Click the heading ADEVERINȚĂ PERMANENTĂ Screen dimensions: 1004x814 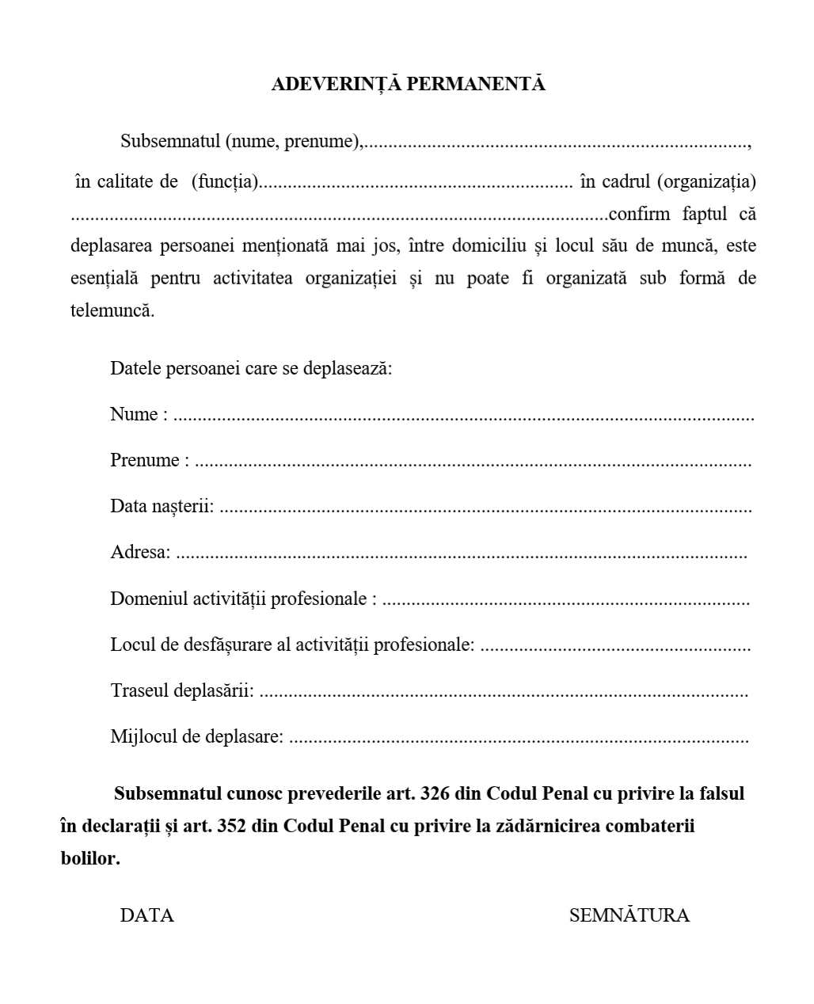(x=408, y=84)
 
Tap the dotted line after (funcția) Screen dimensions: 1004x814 (x=416, y=183)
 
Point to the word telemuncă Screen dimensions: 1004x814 (x=112, y=310)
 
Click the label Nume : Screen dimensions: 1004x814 (x=139, y=414)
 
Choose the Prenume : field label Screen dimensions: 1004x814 (x=150, y=460)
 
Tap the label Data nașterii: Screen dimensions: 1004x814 (x=162, y=506)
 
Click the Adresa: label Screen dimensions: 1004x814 (x=140, y=552)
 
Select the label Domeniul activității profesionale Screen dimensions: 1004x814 (x=238, y=599)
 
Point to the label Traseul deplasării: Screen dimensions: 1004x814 (x=182, y=690)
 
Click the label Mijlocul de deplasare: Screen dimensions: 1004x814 (x=196, y=736)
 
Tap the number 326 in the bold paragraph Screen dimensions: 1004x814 (x=436, y=793)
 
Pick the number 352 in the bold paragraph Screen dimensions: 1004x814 (x=233, y=826)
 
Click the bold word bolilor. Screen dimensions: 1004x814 (x=90, y=858)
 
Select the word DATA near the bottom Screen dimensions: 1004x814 (x=146, y=916)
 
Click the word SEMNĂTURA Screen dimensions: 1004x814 (x=629, y=916)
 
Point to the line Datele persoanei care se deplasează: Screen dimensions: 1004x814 (x=251, y=368)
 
